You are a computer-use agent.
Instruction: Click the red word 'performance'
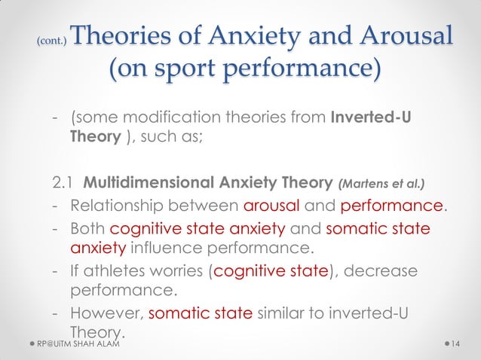click(391, 206)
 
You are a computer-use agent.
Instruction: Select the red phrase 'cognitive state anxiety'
click(198, 228)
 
